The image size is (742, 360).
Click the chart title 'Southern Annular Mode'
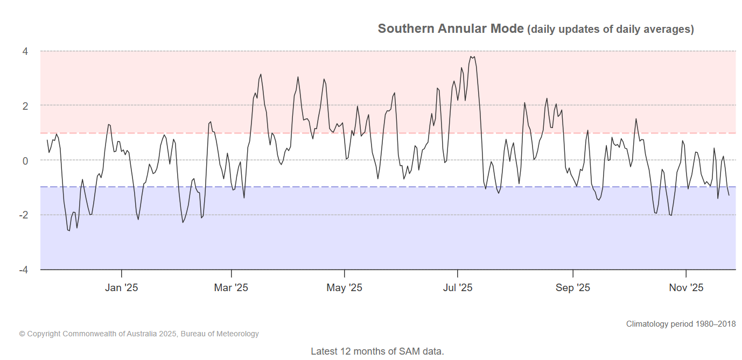[450, 29]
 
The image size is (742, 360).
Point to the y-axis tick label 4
[25, 52]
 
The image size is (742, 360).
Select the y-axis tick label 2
[25, 106]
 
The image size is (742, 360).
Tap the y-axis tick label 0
[25, 160]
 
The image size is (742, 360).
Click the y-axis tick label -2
[24, 215]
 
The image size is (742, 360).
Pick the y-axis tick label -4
[24, 269]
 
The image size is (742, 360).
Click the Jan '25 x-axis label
[121, 288]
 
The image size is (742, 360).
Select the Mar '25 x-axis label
[231, 288]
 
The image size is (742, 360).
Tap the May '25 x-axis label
[344, 288]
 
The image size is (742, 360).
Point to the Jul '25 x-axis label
[458, 288]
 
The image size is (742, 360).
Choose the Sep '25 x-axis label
[573, 288]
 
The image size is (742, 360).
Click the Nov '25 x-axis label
[686, 288]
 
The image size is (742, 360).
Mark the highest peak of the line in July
[471, 56]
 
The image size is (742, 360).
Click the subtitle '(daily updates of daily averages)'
[610, 30]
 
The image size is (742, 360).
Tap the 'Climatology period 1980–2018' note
[681, 324]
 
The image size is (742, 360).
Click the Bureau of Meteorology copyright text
[139, 334]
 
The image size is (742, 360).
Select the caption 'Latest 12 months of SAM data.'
[377, 351]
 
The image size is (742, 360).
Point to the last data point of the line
[729, 195]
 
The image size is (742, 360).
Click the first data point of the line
[47, 140]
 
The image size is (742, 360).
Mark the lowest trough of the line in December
[69, 231]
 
